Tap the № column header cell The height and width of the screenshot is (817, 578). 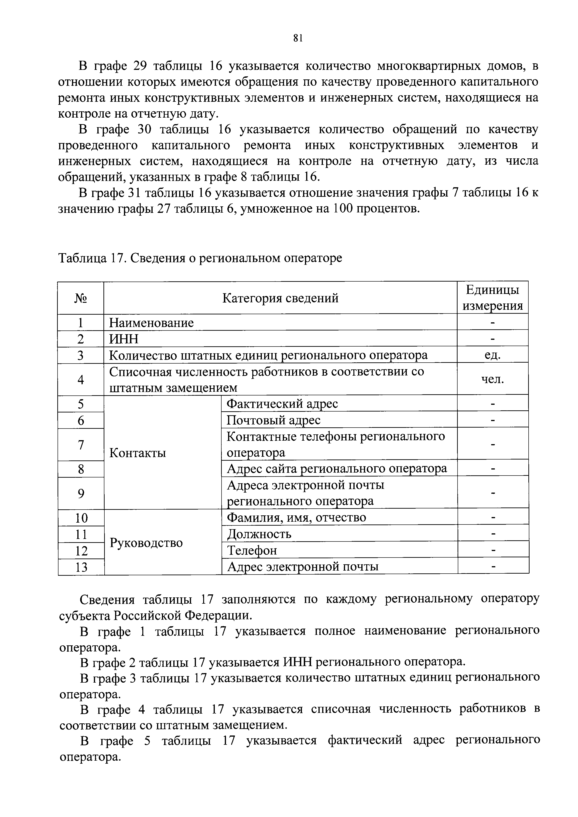(x=81, y=298)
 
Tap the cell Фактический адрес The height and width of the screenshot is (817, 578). (x=282, y=404)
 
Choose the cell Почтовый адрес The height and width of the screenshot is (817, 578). (x=274, y=420)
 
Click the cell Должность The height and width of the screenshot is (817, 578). (x=259, y=534)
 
